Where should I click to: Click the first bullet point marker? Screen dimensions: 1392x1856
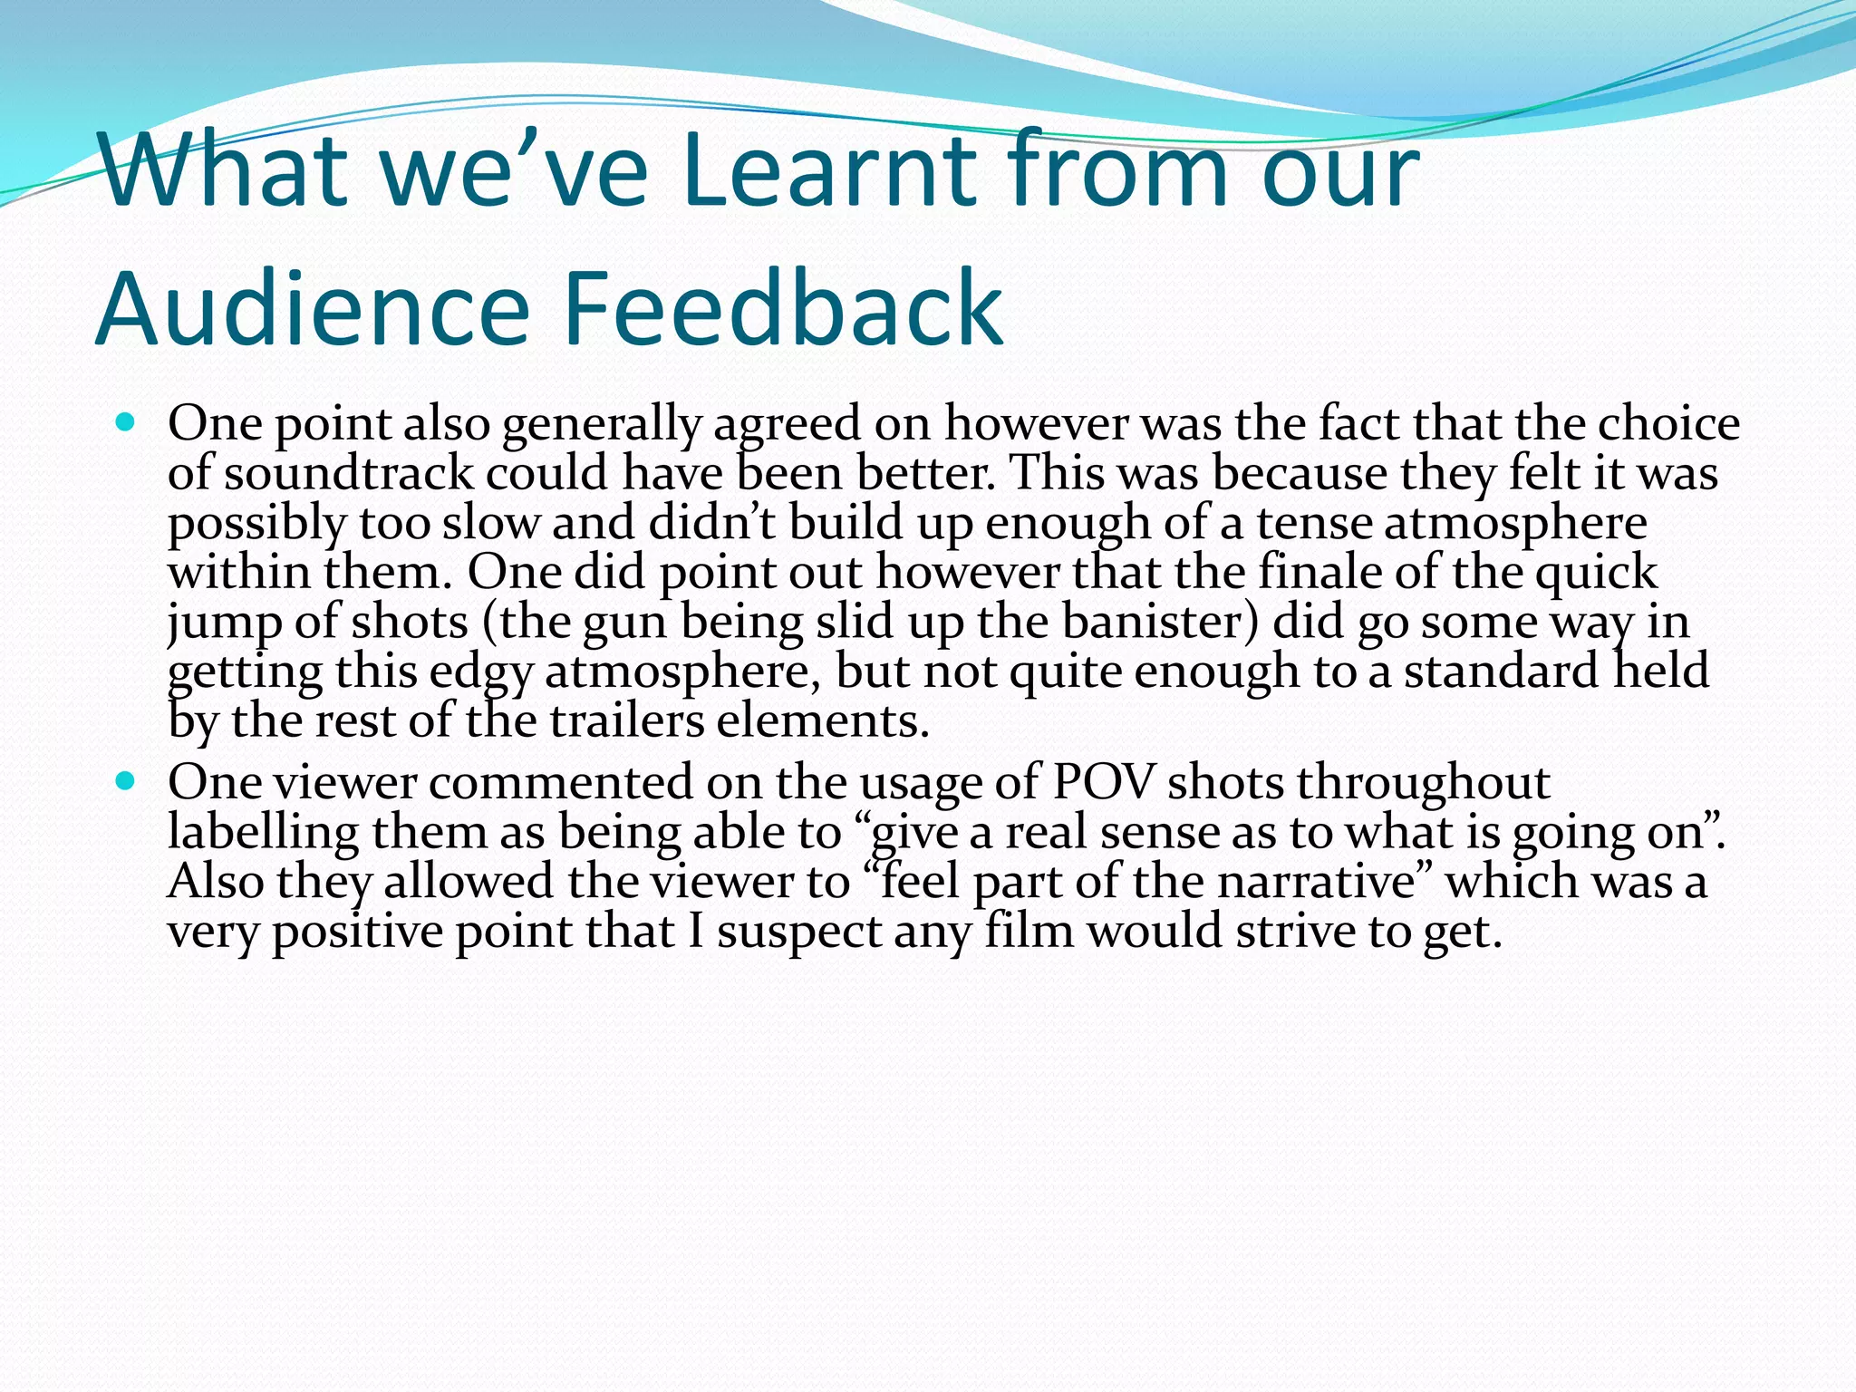coord(126,422)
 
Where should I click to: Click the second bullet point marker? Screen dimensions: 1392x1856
coord(126,780)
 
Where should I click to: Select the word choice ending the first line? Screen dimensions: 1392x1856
coord(1668,423)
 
